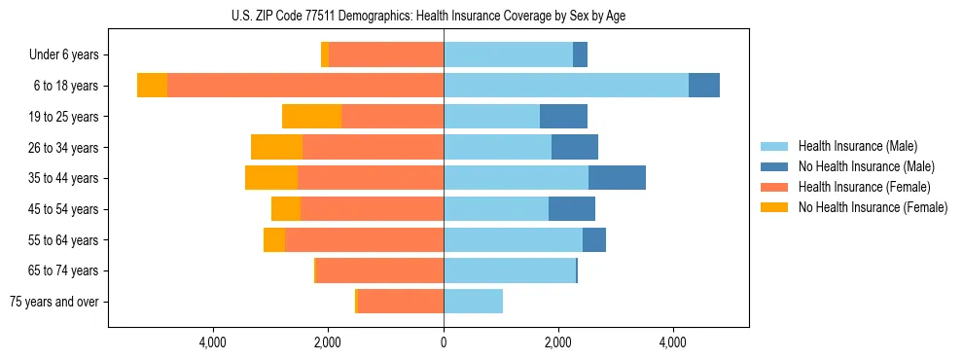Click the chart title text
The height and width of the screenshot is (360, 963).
tap(428, 15)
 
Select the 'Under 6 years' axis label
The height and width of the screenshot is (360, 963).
tap(70, 54)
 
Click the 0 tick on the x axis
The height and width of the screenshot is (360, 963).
tap(444, 342)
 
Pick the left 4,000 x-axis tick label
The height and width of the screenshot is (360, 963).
tap(212, 342)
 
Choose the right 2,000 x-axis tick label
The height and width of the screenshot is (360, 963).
tap(557, 342)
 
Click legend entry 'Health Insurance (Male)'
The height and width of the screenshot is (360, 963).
tap(857, 146)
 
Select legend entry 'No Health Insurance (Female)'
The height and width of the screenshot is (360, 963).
tap(873, 207)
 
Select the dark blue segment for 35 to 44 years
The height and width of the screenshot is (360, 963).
tap(617, 178)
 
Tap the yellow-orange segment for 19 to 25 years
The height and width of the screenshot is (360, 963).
tap(311, 117)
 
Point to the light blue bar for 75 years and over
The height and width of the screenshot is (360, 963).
tap(473, 302)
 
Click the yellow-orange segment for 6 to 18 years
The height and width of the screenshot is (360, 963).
tap(152, 86)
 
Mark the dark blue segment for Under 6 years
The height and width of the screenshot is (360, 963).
tap(580, 54)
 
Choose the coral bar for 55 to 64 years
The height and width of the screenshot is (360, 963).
tap(364, 239)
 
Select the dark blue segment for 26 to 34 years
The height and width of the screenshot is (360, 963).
tap(575, 147)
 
